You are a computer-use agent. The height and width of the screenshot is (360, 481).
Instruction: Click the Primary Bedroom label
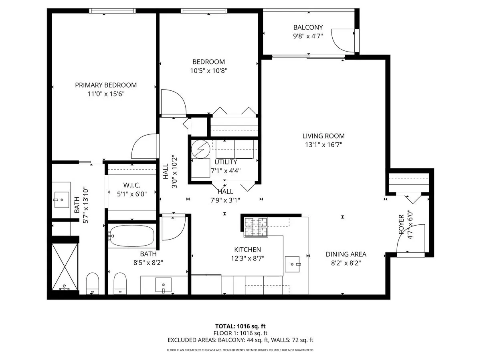(x=106, y=85)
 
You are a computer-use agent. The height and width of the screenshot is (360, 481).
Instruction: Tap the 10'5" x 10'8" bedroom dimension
(x=208, y=71)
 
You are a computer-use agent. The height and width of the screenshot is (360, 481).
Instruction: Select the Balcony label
(x=308, y=27)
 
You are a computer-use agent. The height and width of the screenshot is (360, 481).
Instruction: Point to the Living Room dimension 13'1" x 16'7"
(x=323, y=145)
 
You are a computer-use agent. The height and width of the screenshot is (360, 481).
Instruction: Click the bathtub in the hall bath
(x=132, y=236)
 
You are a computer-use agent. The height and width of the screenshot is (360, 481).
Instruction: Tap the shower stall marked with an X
(x=65, y=267)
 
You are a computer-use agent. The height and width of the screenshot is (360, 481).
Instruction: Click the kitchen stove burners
(x=256, y=227)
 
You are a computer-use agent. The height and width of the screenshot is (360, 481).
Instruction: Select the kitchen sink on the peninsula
(x=292, y=264)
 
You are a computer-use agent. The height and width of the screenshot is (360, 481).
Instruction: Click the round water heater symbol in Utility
(x=200, y=149)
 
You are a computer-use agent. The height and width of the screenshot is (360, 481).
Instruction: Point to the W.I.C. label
(x=132, y=185)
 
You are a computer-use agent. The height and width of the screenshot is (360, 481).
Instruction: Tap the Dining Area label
(x=346, y=254)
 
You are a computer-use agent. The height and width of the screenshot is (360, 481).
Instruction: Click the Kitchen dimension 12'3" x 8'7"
(x=248, y=258)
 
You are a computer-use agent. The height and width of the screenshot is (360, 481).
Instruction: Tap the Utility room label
(x=226, y=162)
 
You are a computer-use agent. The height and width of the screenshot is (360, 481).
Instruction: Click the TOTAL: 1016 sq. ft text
(x=240, y=326)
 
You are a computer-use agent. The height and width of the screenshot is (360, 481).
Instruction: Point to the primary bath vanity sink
(x=62, y=200)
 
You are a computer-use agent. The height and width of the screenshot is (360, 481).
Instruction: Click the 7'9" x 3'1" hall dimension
(x=225, y=200)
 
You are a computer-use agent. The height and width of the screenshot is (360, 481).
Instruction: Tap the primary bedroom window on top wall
(x=112, y=11)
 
